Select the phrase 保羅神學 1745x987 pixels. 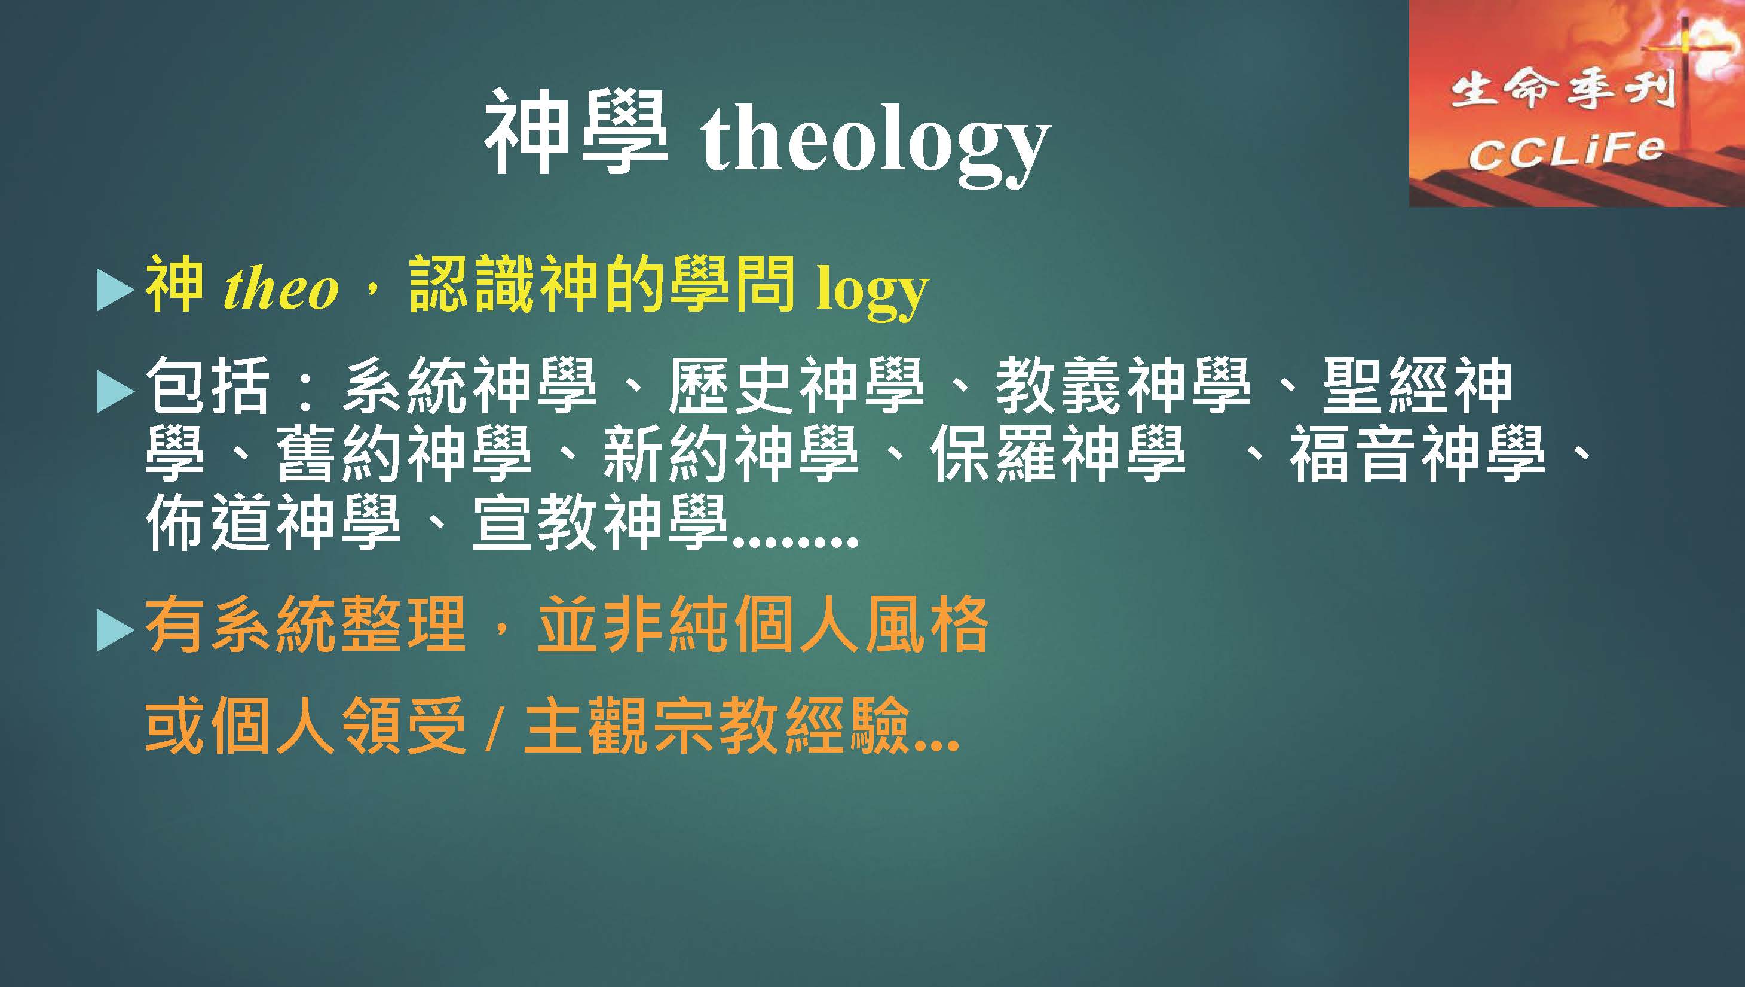coord(1057,454)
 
